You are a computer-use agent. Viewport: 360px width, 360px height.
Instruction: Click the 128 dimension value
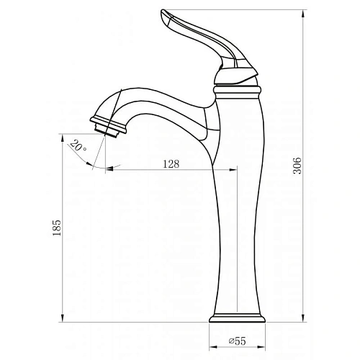[171, 163]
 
